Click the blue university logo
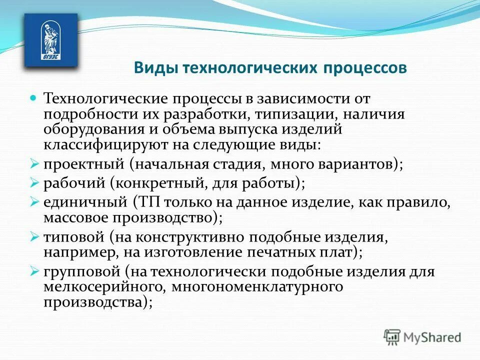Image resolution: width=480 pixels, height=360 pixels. point(51,40)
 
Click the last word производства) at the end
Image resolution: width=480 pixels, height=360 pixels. point(97,302)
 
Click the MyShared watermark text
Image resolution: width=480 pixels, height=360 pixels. point(432,337)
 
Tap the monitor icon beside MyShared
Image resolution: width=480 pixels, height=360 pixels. point(392,337)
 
